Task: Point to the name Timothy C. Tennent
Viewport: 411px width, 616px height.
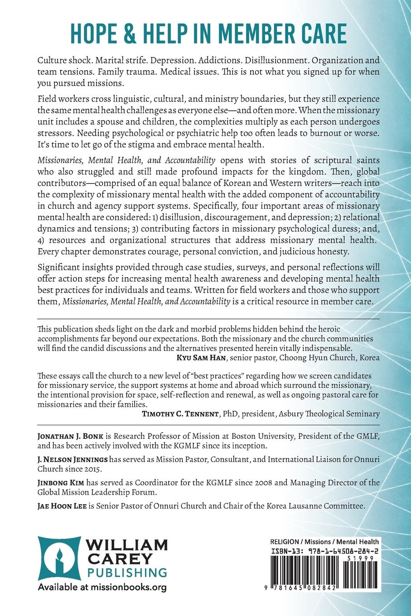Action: click(179, 414)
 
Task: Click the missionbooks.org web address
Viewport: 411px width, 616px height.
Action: click(132, 587)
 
